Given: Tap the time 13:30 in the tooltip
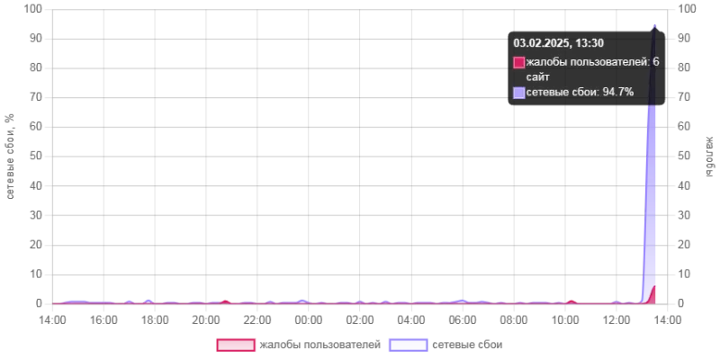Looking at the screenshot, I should click(589, 42).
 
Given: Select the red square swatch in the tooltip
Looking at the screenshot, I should click(519, 62).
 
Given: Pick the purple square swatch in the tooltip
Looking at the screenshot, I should click(519, 92).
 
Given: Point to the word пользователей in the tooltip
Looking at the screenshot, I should click(608, 62).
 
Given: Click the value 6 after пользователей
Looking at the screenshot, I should click(656, 62).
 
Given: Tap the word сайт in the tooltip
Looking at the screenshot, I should click(538, 76).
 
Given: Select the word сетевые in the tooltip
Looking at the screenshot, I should click(549, 92).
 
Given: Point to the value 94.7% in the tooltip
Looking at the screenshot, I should click(618, 92).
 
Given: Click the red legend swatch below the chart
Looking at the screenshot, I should click(236, 345).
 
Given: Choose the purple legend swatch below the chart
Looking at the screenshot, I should click(407, 345).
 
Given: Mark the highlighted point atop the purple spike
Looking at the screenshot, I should click(654, 25).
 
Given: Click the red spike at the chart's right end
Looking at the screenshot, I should click(652, 294).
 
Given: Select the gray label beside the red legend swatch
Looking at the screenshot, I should click(319, 345).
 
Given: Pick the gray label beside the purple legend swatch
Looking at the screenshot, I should click(467, 345).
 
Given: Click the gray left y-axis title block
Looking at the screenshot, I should click(7, 155).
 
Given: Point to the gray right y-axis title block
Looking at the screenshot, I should click(713, 155).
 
